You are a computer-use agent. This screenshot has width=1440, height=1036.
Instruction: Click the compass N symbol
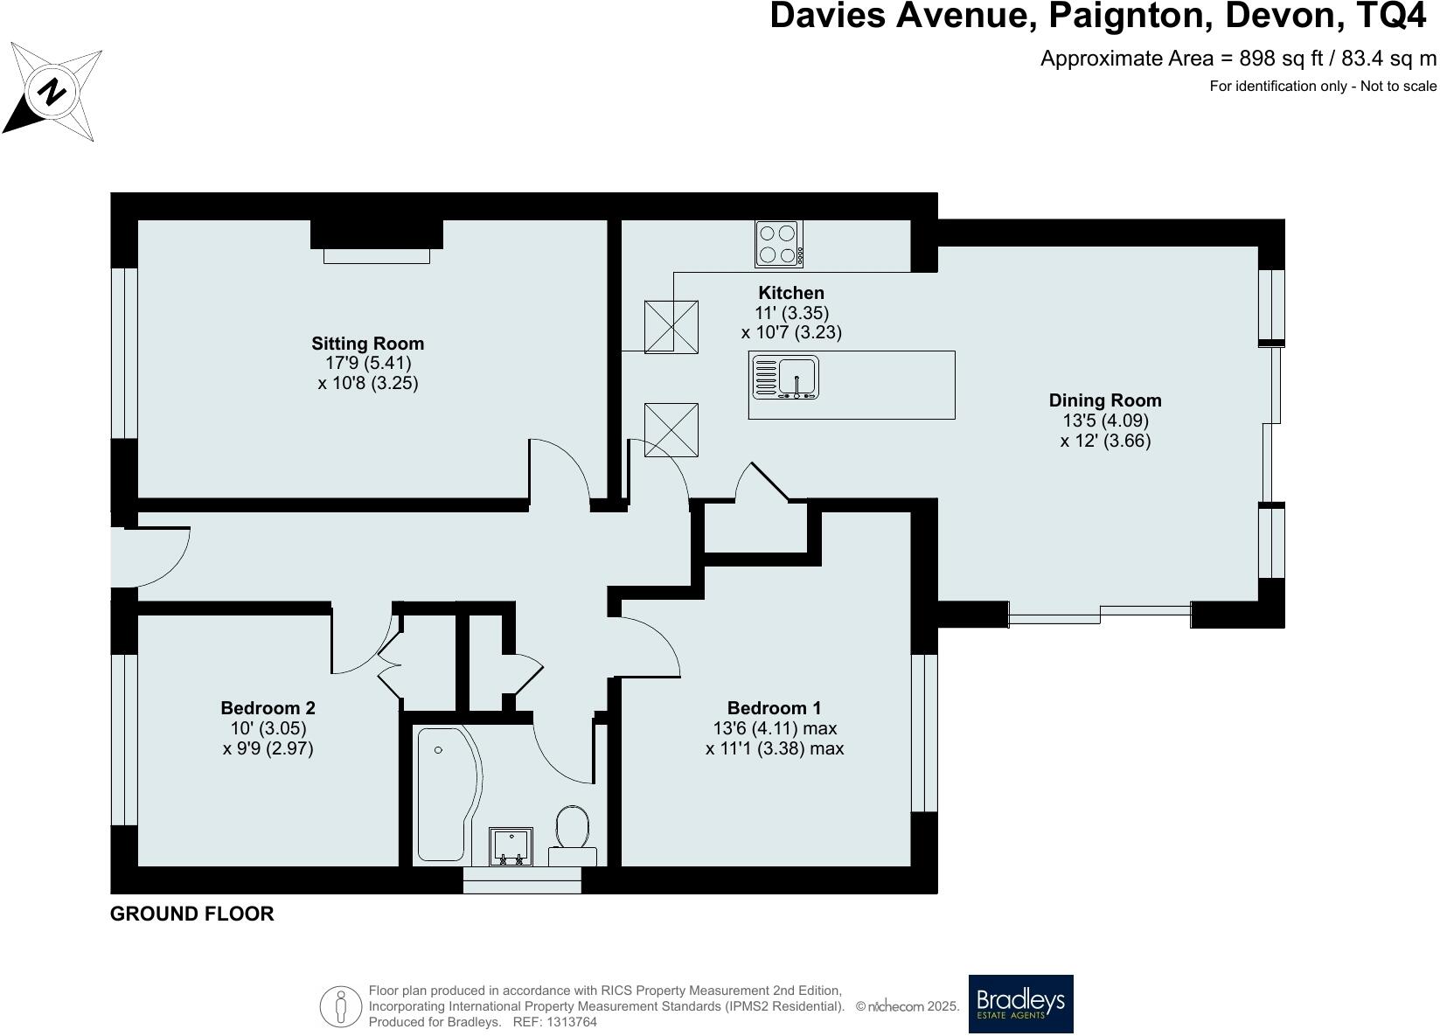click(52, 91)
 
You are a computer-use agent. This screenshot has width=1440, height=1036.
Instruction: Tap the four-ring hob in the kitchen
click(779, 244)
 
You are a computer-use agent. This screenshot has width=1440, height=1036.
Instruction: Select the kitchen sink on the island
click(785, 378)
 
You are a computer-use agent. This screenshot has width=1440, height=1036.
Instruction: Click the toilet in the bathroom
click(572, 835)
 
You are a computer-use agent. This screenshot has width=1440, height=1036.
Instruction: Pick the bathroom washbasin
click(511, 846)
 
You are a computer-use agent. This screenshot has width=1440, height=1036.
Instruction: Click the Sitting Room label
click(368, 344)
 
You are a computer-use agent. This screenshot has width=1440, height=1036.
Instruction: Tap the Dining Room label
click(1105, 400)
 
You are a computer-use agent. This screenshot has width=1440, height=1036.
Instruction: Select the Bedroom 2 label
click(268, 708)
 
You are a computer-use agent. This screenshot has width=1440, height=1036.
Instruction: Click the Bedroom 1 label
click(774, 708)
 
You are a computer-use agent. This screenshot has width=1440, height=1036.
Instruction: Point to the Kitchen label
click(791, 293)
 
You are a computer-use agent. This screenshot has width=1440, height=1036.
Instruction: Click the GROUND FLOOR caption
click(192, 914)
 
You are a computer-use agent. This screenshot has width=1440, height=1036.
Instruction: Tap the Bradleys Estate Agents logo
click(1021, 1004)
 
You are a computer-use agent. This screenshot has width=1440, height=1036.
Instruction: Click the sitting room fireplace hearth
click(377, 256)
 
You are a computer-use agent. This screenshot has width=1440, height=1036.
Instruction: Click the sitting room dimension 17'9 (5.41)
click(368, 363)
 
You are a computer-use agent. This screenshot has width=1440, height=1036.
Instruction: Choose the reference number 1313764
click(572, 1022)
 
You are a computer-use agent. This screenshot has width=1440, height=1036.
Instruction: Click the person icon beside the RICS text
click(341, 1005)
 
